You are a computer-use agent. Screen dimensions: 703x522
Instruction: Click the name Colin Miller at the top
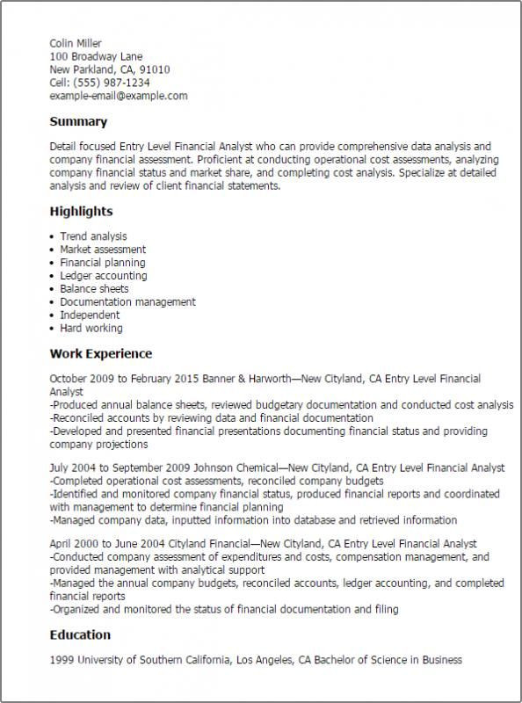76,42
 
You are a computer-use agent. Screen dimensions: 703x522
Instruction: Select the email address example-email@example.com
118,95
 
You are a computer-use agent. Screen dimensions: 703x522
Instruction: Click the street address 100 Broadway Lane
96,55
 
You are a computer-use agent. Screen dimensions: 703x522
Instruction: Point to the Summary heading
78,121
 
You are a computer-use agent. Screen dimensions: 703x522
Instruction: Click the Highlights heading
81,212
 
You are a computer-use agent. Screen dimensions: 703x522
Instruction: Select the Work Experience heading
100,353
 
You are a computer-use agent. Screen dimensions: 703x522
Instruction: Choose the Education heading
80,634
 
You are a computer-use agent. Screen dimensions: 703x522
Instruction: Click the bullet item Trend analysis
93,236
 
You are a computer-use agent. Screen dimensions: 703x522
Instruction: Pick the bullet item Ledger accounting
104,276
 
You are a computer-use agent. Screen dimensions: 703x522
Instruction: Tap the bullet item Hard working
91,329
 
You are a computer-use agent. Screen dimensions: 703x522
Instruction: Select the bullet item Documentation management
127,302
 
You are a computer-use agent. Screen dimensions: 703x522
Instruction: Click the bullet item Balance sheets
94,289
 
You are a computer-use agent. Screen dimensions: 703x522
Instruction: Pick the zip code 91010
154,69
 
